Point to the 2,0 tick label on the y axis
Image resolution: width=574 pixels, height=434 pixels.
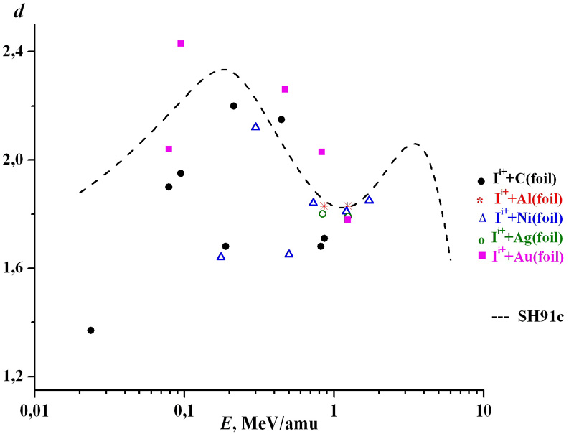17,160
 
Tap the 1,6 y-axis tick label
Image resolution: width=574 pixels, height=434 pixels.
17,268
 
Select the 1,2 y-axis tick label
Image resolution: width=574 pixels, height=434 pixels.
17,377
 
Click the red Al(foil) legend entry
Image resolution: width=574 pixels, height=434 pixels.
527,198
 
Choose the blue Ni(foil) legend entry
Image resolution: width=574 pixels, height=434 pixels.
527,217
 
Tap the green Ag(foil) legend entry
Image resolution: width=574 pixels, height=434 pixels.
527,237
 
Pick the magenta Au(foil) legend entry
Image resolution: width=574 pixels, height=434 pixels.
527,256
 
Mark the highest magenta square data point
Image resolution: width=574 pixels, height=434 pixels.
181,43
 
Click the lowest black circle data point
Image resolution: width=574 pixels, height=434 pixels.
90,331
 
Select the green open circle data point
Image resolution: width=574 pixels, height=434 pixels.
323,213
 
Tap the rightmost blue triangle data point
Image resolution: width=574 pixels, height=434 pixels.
369,200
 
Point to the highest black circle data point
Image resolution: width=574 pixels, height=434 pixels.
233,106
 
